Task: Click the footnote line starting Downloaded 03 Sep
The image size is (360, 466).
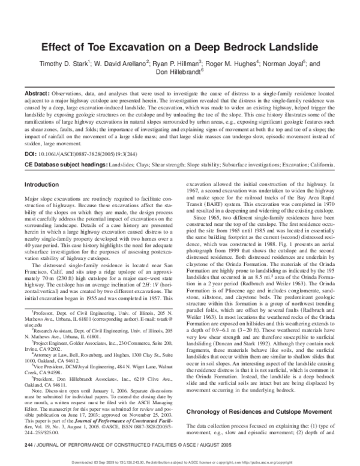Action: pyautogui.click(x=180, y=461)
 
